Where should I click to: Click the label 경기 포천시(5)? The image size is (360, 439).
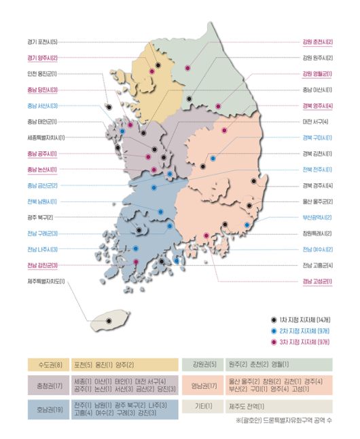point(43,42)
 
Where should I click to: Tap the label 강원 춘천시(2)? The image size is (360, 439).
point(317,42)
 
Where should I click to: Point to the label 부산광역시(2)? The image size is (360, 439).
point(317,217)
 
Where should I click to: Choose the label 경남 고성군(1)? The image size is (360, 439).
point(317,281)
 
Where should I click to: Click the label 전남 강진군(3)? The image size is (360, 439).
point(43,265)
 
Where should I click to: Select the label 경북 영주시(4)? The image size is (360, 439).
point(317,106)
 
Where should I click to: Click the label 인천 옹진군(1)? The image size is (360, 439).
point(43,74)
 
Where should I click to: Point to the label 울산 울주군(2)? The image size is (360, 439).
point(317,202)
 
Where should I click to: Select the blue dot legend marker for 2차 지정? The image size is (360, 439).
point(272,330)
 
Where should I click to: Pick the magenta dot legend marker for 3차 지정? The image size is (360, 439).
point(272,342)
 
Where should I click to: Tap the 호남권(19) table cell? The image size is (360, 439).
point(47,409)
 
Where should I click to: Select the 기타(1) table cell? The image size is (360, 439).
point(202,406)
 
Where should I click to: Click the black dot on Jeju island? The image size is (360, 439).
point(109,319)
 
